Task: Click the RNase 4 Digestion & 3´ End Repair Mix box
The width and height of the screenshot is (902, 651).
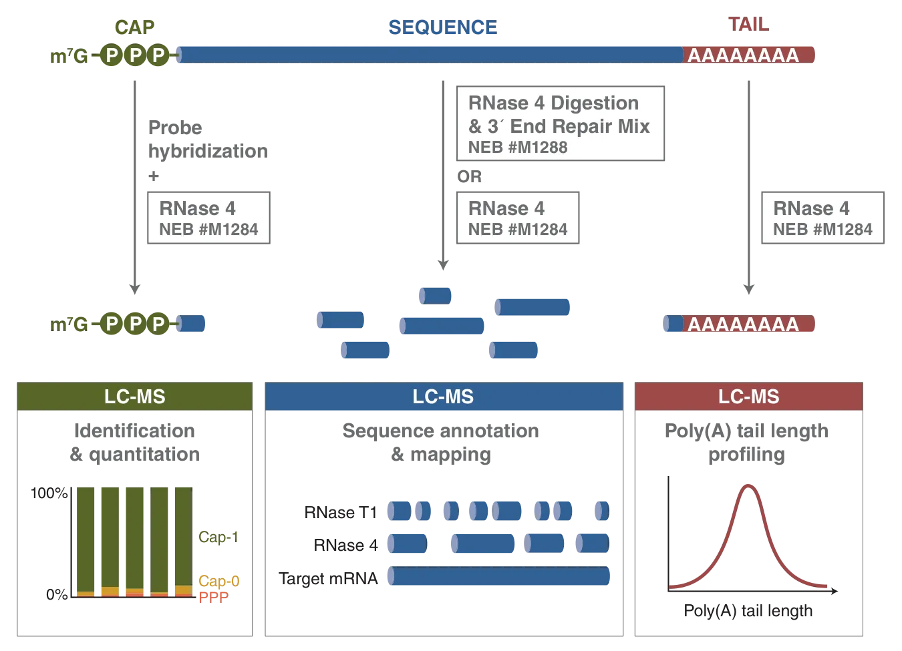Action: click(x=560, y=124)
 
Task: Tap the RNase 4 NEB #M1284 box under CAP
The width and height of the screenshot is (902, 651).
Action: click(x=208, y=218)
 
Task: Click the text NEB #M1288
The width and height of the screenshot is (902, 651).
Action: click(x=518, y=148)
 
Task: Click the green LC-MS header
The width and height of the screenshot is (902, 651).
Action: click(x=135, y=397)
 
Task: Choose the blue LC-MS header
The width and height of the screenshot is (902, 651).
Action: click(x=443, y=397)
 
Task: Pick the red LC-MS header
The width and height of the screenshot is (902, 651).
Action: click(x=748, y=397)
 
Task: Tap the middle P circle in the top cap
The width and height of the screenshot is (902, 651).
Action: click(x=136, y=55)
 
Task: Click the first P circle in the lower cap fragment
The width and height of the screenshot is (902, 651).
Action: click(x=112, y=324)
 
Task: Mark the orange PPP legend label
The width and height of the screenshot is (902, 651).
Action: click(x=214, y=596)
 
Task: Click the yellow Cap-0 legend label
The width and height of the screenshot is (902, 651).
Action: click(x=218, y=580)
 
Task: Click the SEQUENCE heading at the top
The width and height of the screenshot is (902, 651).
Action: click(x=442, y=27)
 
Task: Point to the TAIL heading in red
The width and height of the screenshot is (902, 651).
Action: click(x=748, y=25)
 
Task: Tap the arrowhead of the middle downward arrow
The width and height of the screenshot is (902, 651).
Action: click(x=443, y=263)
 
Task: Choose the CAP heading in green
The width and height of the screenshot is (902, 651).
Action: click(x=134, y=27)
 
